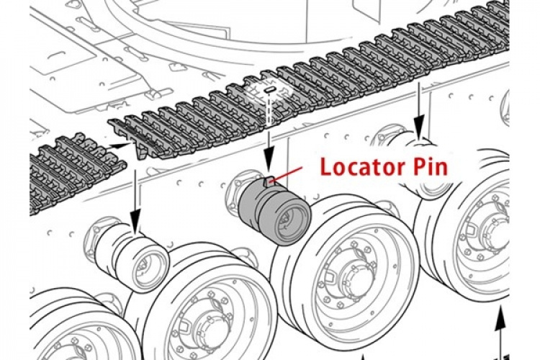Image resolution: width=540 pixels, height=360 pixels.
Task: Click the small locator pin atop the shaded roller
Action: (x=269, y=181)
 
